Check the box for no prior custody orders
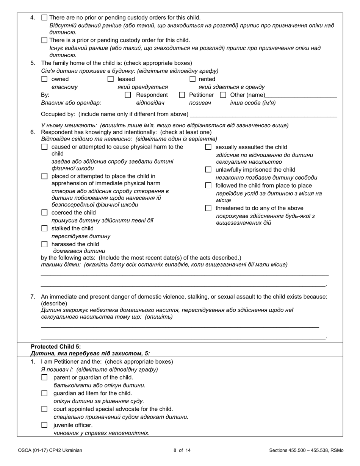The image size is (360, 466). pyautogui.click(x=44, y=17)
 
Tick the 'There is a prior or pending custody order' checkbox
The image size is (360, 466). pyautogui.click(x=44, y=40)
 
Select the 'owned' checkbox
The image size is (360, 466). pyautogui.click(x=44, y=79)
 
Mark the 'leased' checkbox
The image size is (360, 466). pyautogui.click(x=111, y=79)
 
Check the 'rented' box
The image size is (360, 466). pyautogui.click(x=193, y=79)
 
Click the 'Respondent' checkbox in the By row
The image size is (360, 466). pyautogui.click(x=128, y=95)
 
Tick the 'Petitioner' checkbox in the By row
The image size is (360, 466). pyautogui.click(x=182, y=95)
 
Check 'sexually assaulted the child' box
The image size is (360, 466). pyautogui.click(x=208, y=147)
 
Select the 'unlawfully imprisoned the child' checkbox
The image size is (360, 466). pyautogui.click(x=208, y=170)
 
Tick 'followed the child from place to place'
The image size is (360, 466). pyautogui.click(x=208, y=186)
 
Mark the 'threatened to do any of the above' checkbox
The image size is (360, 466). pyautogui.click(x=208, y=208)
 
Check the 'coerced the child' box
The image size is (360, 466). pyautogui.click(x=44, y=213)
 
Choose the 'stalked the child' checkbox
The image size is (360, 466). pyautogui.click(x=44, y=228)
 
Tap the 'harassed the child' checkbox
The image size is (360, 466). pyautogui.click(x=44, y=244)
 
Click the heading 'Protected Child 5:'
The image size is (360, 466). pyautogui.click(x=56, y=346)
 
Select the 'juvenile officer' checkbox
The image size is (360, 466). pyautogui.click(x=44, y=425)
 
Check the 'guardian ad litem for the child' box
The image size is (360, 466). pyautogui.click(x=44, y=393)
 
